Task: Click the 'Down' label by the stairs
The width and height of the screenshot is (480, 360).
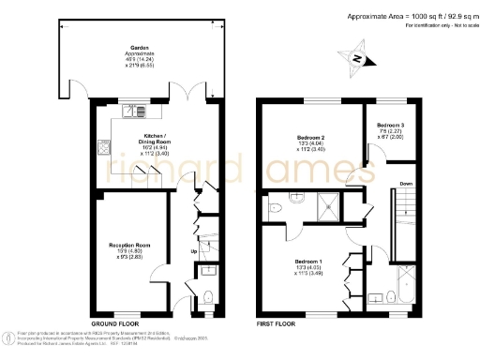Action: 406,184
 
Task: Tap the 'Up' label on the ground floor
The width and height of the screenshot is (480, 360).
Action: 194,251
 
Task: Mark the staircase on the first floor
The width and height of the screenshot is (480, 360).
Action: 405,225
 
